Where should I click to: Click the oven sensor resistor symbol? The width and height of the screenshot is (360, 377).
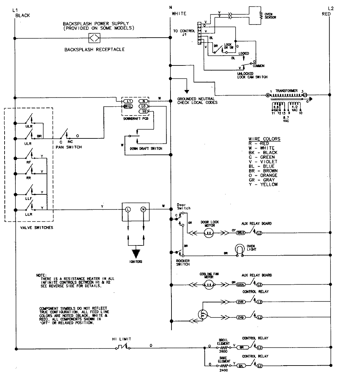point(261,15)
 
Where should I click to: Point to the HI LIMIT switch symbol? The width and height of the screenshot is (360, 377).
point(124,348)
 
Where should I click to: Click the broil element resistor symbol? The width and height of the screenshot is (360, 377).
point(224,347)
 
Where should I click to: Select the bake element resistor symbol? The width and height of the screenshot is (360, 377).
point(224,365)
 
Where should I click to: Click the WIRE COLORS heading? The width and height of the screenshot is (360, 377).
point(264,139)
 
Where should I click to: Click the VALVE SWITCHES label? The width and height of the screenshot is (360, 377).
point(29,227)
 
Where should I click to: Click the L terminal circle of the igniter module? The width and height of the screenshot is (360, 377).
point(128,209)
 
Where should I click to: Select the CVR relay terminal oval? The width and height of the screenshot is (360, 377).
point(241,301)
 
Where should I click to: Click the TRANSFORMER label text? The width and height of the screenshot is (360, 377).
point(286,91)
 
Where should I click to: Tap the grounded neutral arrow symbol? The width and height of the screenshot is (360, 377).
point(187,92)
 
